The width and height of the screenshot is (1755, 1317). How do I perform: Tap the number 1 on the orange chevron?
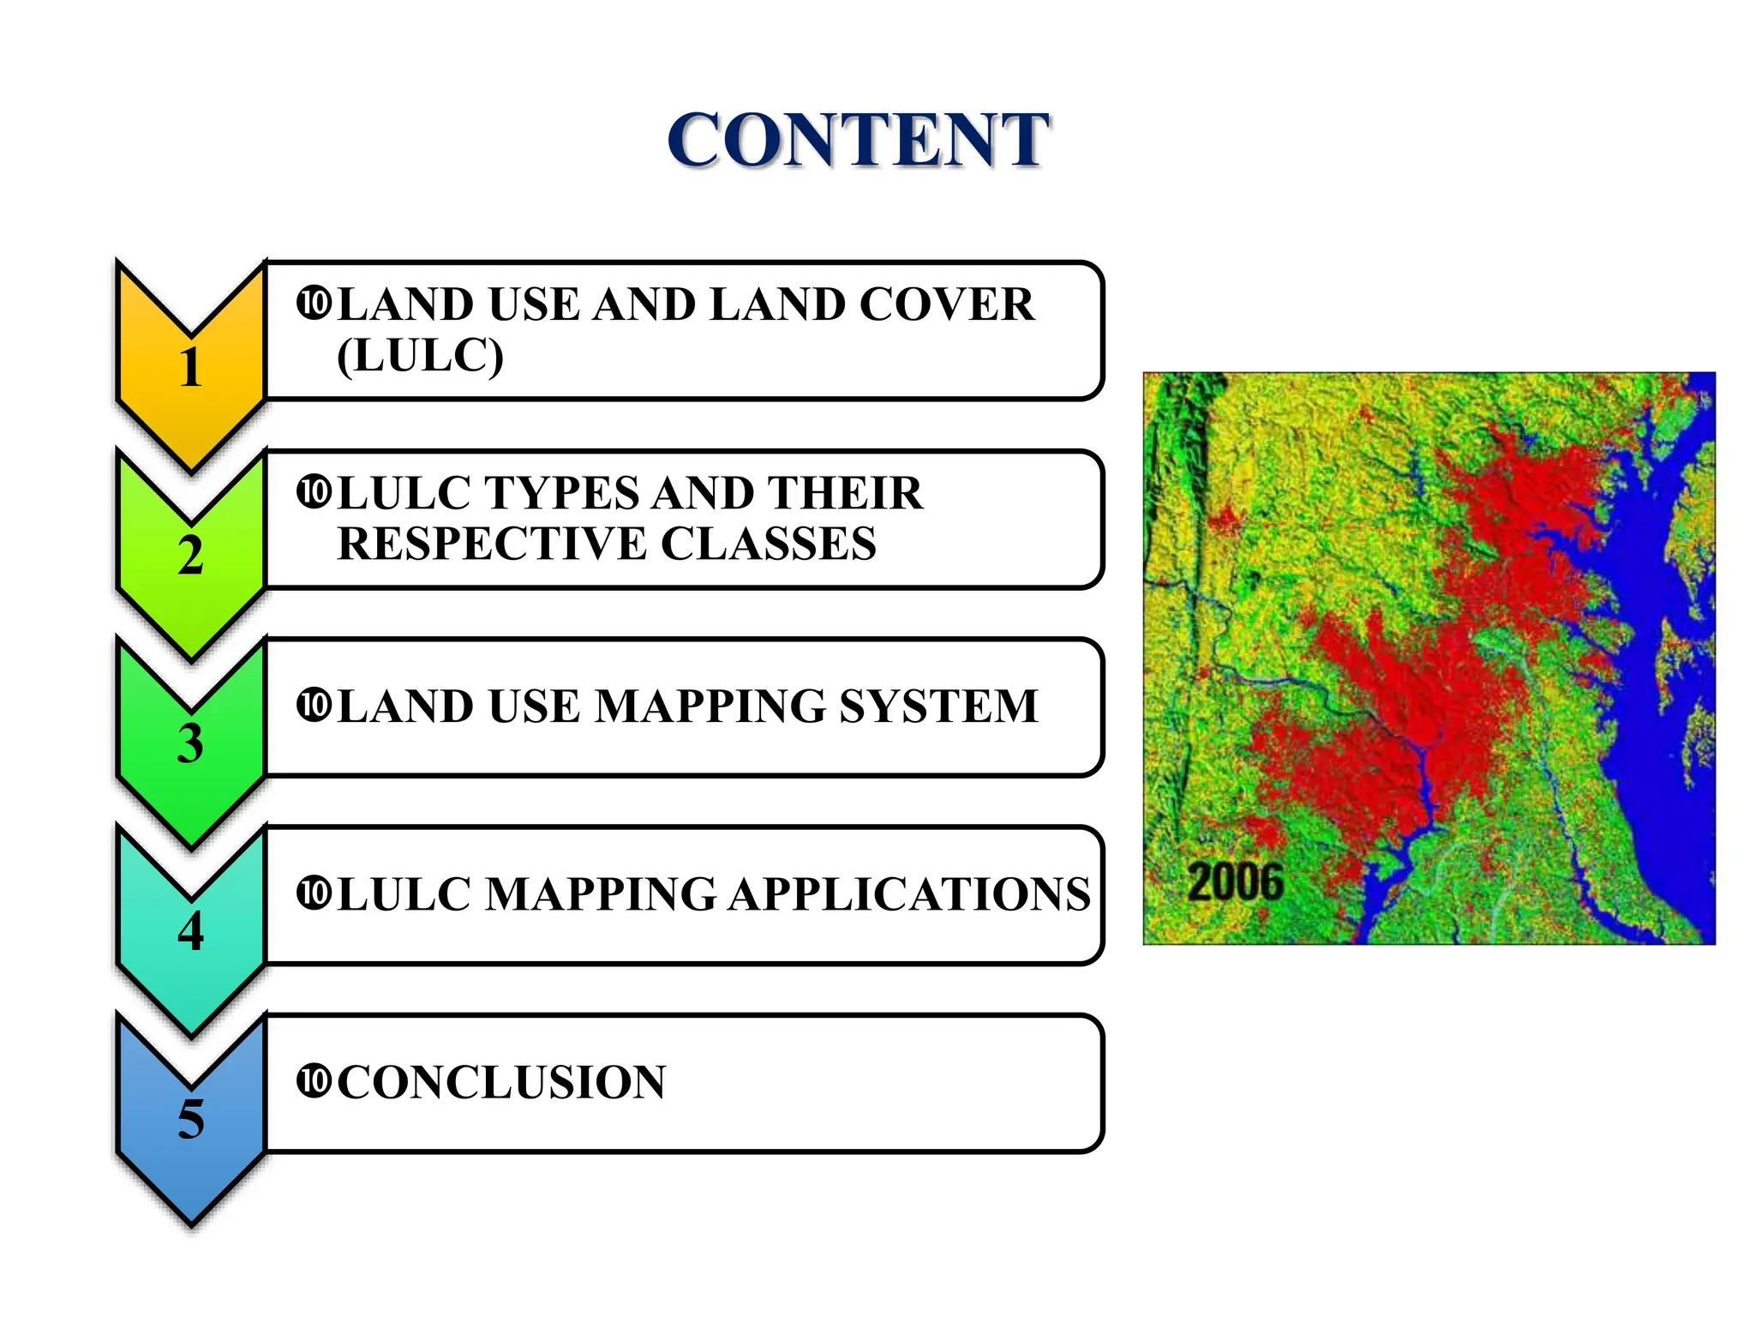pyautogui.click(x=190, y=368)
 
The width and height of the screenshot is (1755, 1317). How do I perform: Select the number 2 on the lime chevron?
pyautogui.click(x=190, y=556)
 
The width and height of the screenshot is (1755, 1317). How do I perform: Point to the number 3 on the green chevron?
pyautogui.click(x=190, y=743)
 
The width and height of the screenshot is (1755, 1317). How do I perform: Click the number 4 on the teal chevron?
pyautogui.click(x=190, y=931)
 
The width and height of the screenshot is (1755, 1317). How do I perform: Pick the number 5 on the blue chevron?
pyautogui.click(x=190, y=1119)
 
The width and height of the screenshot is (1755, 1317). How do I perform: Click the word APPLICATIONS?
pyautogui.click(x=909, y=894)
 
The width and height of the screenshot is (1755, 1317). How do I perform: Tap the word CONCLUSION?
pyautogui.click(x=501, y=1082)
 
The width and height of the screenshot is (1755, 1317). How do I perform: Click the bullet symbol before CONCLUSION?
pyautogui.click(x=313, y=1080)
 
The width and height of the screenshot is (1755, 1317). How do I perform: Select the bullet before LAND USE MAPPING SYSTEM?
pyautogui.click(x=313, y=705)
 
